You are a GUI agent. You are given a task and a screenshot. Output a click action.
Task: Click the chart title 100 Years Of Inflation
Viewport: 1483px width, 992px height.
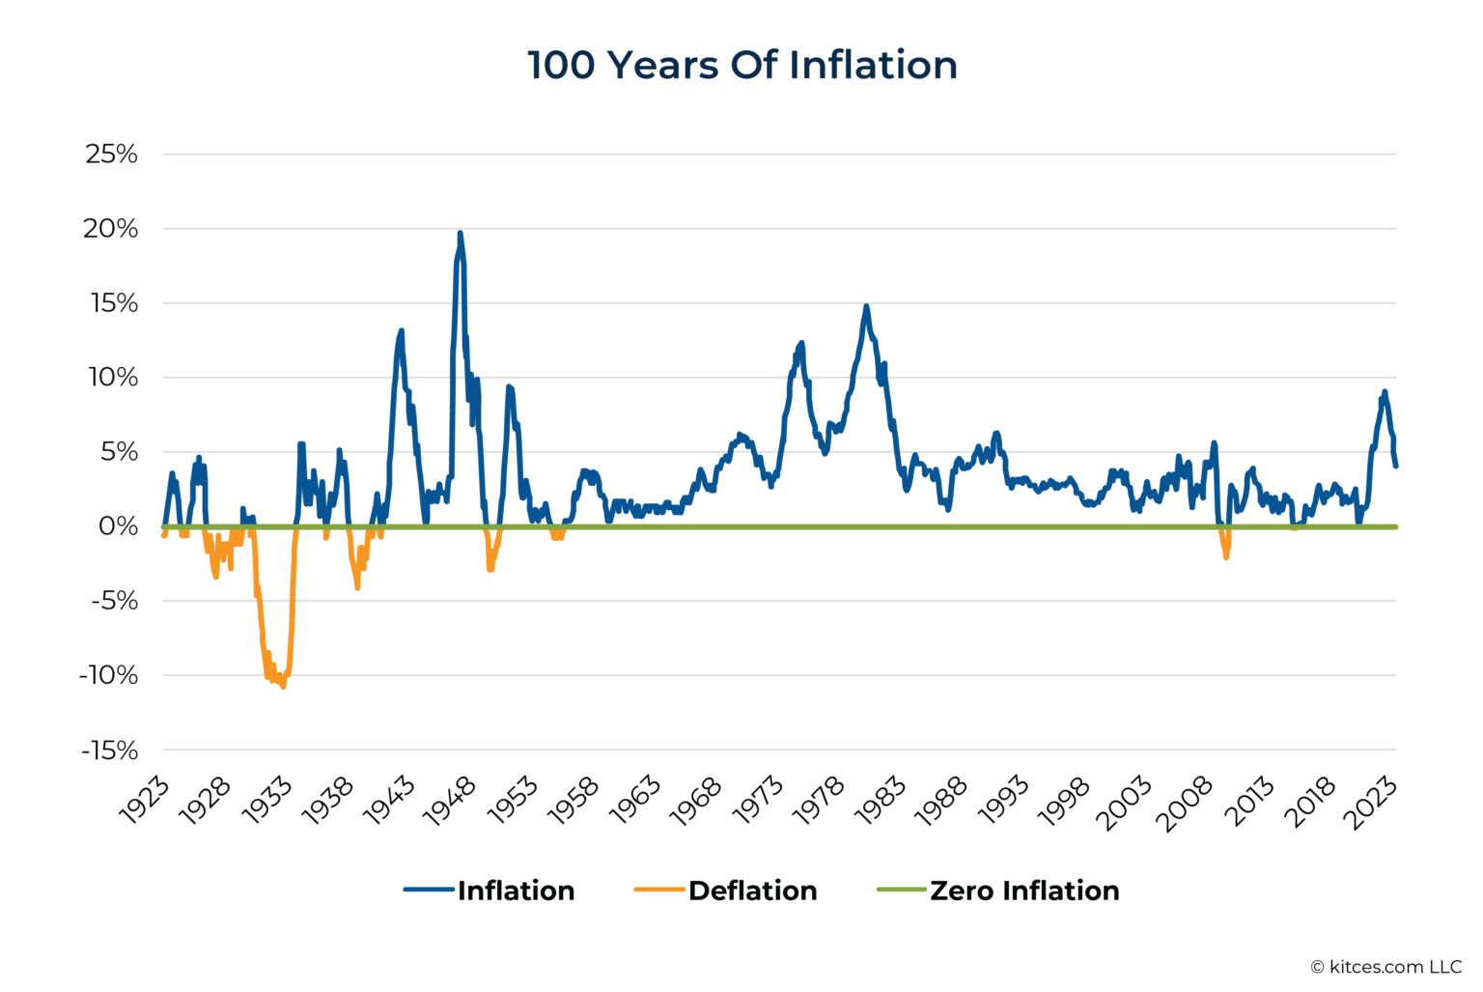point(741,65)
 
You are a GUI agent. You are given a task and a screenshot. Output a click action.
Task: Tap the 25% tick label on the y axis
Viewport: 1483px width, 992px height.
point(111,154)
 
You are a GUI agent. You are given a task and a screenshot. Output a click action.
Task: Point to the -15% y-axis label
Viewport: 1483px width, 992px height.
point(109,751)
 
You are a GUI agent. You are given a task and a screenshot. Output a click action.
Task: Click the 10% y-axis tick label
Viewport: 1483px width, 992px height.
point(113,378)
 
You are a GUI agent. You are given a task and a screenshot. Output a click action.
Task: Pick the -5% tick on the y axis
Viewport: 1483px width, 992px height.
point(114,601)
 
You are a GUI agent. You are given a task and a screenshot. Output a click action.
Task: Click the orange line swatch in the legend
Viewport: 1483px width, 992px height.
point(658,890)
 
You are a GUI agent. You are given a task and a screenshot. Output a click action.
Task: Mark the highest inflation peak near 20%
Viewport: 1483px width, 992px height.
point(460,233)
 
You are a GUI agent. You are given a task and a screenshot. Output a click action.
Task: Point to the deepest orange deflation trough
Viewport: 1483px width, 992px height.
point(283,686)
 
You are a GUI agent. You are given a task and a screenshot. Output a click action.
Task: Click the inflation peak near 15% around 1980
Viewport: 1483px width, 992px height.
point(866,306)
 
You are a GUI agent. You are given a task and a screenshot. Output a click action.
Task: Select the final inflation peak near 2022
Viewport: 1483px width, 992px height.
point(1385,392)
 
